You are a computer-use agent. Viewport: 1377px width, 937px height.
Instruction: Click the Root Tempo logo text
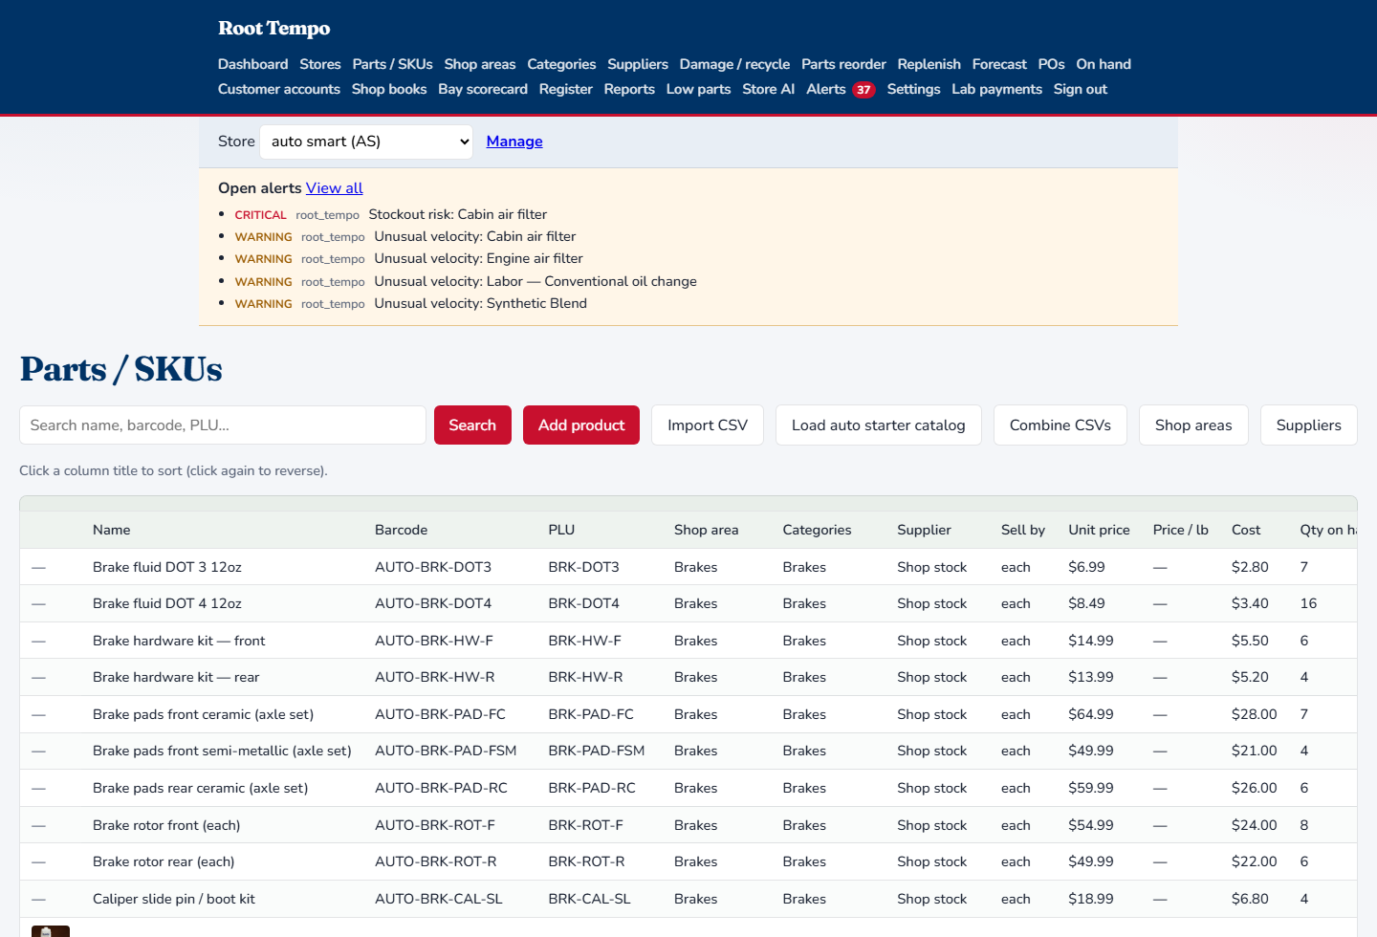pos(274,29)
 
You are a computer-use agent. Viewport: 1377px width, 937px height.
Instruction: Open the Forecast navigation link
pos(999,64)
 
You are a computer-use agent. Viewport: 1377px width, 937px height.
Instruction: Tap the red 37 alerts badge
pos(863,90)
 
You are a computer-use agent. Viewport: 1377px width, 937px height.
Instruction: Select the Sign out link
pos(1081,89)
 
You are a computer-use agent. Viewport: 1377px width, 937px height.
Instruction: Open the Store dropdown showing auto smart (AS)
pos(366,142)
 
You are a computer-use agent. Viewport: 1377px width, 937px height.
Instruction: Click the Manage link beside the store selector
pos(514,142)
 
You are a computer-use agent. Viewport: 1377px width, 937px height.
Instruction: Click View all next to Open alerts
pos(335,188)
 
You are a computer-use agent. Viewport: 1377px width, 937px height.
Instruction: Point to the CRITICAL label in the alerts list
pos(261,215)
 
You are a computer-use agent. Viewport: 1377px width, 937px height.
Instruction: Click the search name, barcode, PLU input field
pos(223,425)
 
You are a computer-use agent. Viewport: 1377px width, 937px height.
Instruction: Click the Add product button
pos(581,425)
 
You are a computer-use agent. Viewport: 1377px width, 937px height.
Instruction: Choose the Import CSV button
pos(708,425)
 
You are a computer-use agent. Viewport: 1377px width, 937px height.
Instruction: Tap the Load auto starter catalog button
pos(879,425)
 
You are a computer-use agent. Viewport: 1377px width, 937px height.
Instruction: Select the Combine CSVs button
pos(1060,425)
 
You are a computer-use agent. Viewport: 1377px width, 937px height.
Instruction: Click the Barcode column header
pos(401,530)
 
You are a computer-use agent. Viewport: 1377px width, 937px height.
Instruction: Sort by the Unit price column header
pos(1099,530)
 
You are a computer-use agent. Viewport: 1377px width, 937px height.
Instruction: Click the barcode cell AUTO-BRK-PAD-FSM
pos(446,751)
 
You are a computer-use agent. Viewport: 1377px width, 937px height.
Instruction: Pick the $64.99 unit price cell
pos(1090,714)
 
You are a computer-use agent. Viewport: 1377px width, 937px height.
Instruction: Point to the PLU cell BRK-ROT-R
pos(586,861)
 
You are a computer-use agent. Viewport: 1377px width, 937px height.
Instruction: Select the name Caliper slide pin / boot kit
pos(174,899)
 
